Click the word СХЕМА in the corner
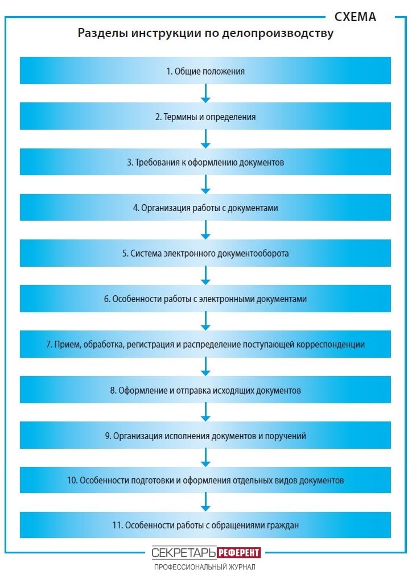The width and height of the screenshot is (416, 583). tap(355, 16)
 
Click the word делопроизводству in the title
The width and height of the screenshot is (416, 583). tap(278, 34)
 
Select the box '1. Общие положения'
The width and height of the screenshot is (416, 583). tap(205, 71)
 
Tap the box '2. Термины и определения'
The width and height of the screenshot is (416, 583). tap(205, 116)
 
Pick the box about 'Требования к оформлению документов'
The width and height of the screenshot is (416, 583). tap(205, 162)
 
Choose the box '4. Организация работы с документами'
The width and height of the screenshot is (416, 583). tap(205, 207)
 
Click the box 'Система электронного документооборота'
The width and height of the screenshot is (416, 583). tap(205, 253)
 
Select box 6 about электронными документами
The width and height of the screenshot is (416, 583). tap(205, 299)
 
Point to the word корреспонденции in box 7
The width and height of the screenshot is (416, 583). tap(331, 345)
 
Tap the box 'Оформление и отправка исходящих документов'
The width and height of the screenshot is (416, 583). tap(205, 390)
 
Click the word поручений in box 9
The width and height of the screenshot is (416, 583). tap(286, 436)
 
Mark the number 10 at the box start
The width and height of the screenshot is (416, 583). tap(72, 480)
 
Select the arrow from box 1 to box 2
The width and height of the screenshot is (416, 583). tap(205, 93)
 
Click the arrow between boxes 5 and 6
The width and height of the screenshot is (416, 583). tap(205, 276)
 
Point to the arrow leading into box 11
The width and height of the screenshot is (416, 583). tap(205, 502)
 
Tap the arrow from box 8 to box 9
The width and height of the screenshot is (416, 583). tap(205, 412)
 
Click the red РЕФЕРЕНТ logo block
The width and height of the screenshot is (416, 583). tap(238, 552)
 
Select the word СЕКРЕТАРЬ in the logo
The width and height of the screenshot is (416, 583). tap(183, 553)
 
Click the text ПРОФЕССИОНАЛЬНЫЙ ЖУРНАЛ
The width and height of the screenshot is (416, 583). tap(205, 567)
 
